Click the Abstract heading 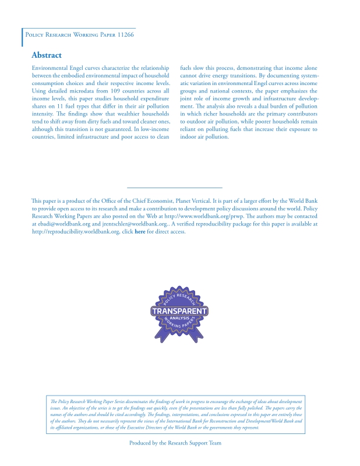pos(47,55)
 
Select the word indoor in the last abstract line pos(190,137)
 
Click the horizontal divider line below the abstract pos(174,188)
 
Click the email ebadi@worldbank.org pos(62,224)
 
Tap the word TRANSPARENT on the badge pos(179,312)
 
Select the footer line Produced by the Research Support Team pos(175,443)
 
